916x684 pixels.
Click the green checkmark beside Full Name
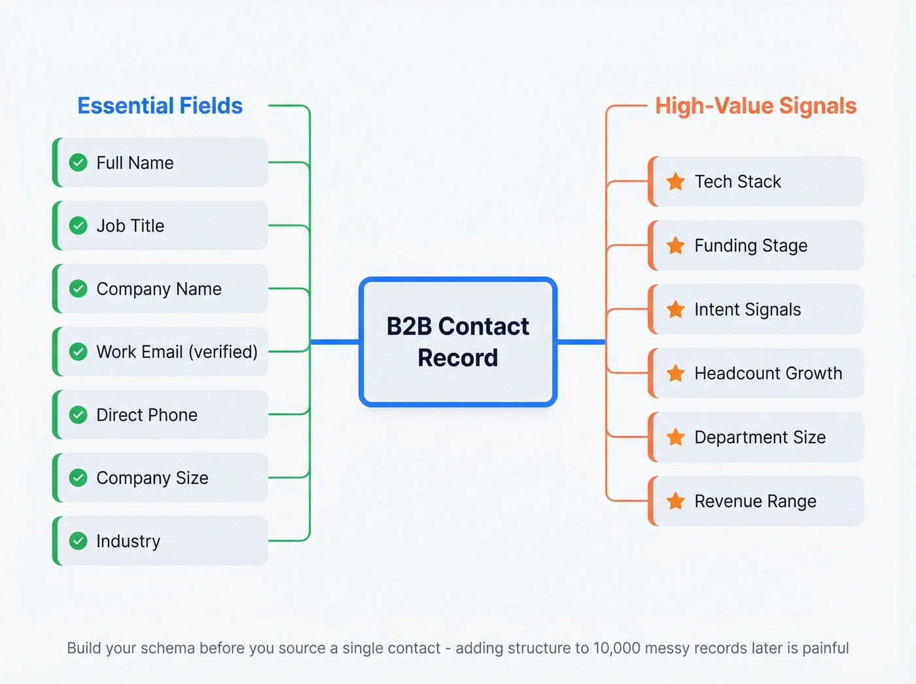tap(79, 162)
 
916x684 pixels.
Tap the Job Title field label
tap(130, 226)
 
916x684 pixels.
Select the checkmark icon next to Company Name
tap(79, 289)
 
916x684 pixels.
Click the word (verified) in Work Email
tap(223, 352)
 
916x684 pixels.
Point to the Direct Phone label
tap(147, 415)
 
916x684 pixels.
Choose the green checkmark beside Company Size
tap(79, 478)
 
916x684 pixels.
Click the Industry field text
tap(128, 541)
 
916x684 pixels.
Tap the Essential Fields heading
tap(160, 106)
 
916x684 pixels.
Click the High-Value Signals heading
tap(756, 106)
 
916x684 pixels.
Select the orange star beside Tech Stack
tap(676, 181)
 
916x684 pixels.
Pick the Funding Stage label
tap(750, 245)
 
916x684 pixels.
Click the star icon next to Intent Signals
tap(676, 310)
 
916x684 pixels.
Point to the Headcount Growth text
tap(768, 373)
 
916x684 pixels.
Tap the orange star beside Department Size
tap(676, 437)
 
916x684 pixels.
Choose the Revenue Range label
tap(755, 501)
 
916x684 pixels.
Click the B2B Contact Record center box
tap(458, 342)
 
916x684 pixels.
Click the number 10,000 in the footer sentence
tap(616, 648)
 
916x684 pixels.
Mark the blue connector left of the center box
tap(334, 342)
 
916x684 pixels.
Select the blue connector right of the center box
tap(581, 342)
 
